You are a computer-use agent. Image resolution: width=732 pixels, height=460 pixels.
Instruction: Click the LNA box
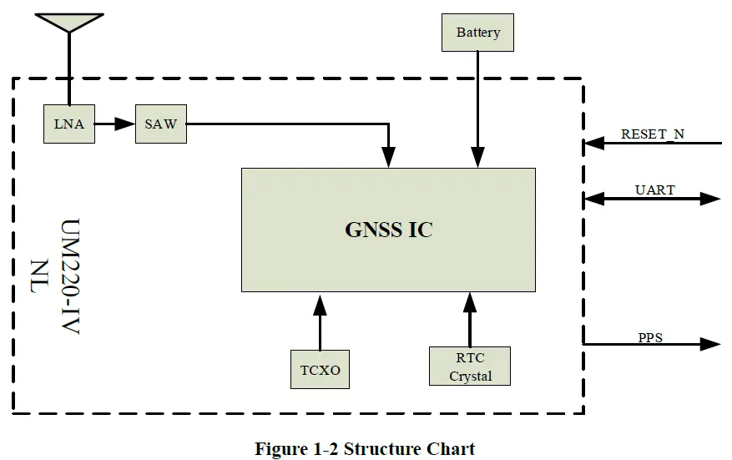(68, 124)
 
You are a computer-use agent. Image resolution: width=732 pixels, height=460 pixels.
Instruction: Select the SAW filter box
(160, 124)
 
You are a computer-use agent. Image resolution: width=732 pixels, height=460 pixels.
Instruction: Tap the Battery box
(477, 33)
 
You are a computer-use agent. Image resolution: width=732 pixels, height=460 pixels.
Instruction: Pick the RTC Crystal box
(471, 366)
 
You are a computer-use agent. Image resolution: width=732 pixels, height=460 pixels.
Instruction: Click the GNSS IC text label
(388, 230)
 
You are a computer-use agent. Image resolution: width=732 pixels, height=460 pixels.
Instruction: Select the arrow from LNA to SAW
(114, 124)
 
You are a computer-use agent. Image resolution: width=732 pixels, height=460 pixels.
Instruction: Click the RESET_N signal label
(652, 134)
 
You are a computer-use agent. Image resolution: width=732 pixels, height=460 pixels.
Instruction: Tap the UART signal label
(654, 190)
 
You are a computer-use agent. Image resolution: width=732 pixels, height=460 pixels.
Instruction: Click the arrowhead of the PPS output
(710, 344)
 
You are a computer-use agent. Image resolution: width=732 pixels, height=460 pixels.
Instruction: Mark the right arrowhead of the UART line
(710, 199)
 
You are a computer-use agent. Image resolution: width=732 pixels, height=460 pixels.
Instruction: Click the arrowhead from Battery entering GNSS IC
(477, 158)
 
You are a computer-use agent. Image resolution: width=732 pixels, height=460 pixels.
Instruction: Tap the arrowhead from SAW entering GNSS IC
(389, 158)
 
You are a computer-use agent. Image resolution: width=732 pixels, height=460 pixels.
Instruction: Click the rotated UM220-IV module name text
(69, 277)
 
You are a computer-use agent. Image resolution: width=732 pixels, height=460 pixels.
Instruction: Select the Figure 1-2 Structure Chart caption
(365, 448)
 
